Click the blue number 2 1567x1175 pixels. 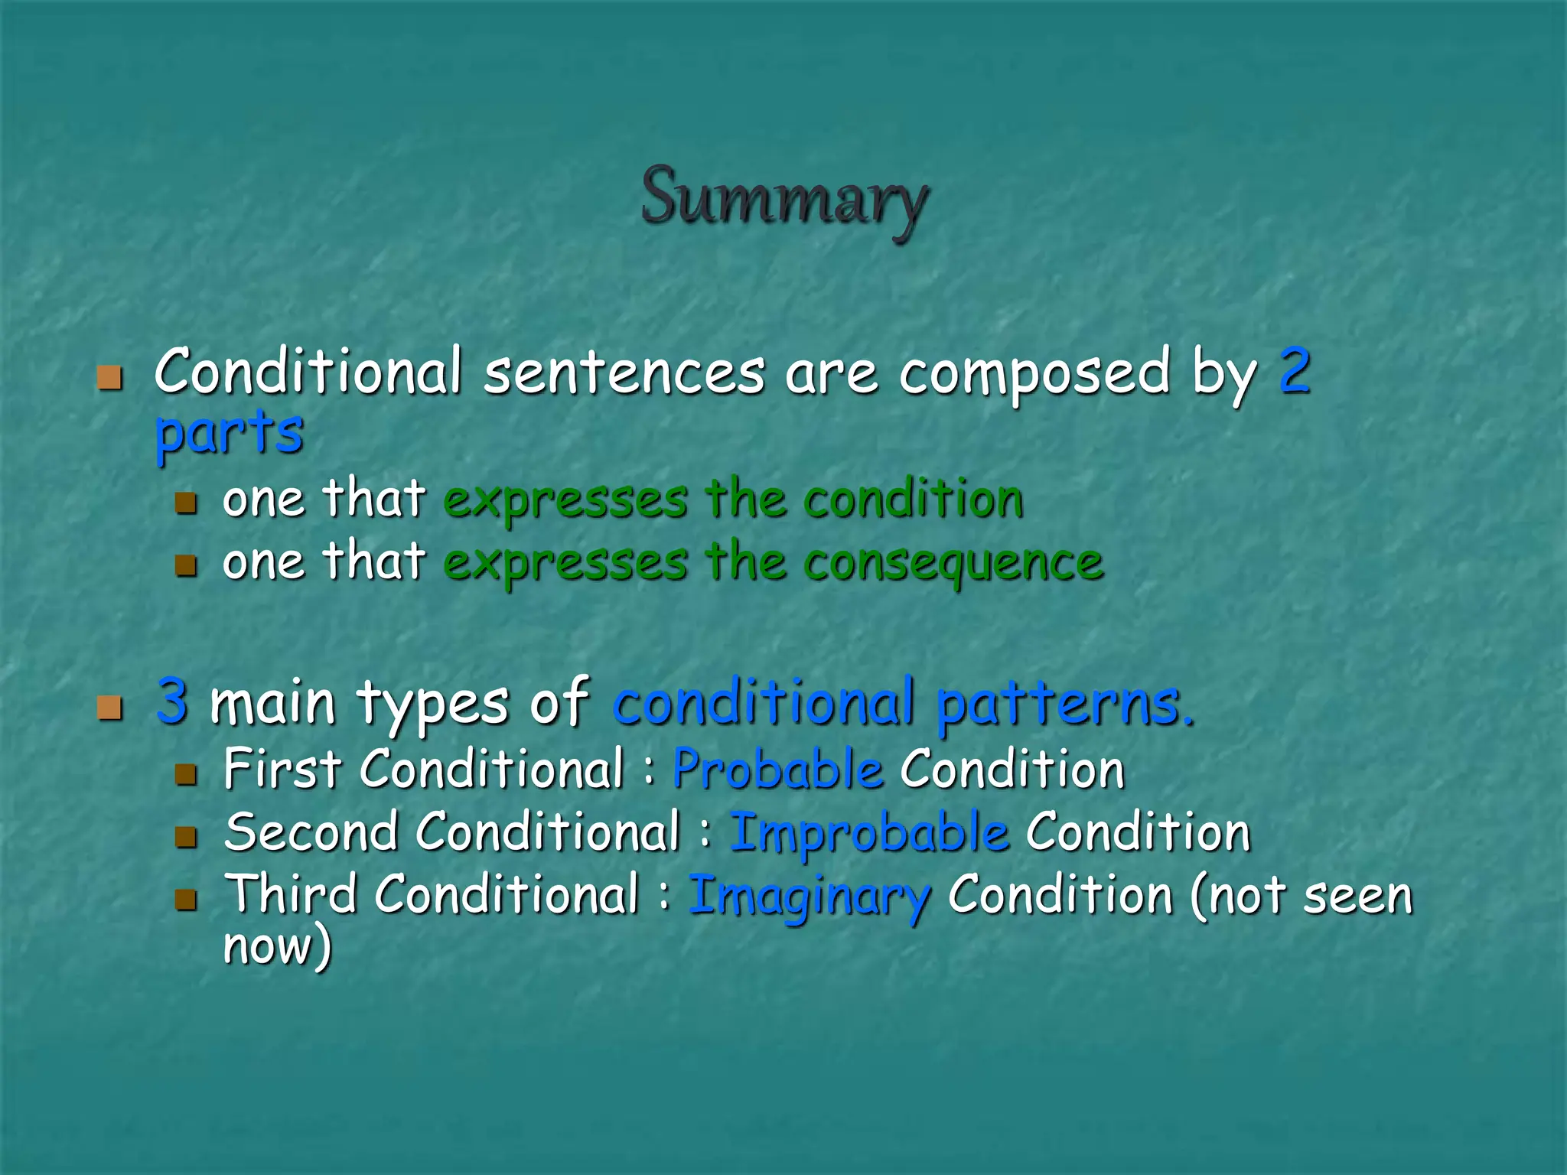click(1295, 372)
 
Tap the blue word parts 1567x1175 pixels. click(229, 432)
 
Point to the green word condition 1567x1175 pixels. click(914, 500)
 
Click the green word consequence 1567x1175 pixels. click(953, 564)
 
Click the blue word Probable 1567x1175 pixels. click(777, 770)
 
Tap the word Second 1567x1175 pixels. click(311, 832)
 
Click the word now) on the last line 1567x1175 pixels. click(277, 946)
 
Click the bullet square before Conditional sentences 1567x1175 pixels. click(110, 378)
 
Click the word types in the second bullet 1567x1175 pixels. click(433, 704)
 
